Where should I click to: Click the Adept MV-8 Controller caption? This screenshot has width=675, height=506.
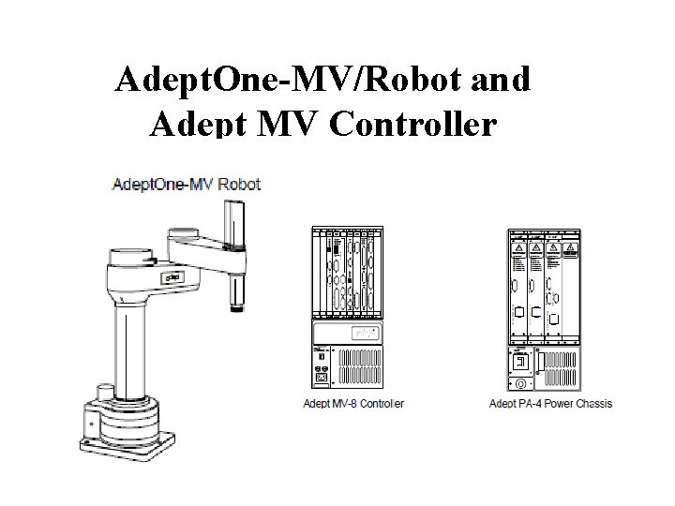coord(355,404)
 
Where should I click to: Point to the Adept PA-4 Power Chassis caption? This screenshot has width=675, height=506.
coord(550,404)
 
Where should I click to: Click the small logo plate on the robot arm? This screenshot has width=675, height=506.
coord(171,277)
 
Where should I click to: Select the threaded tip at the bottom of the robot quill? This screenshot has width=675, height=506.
coord(235,305)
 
